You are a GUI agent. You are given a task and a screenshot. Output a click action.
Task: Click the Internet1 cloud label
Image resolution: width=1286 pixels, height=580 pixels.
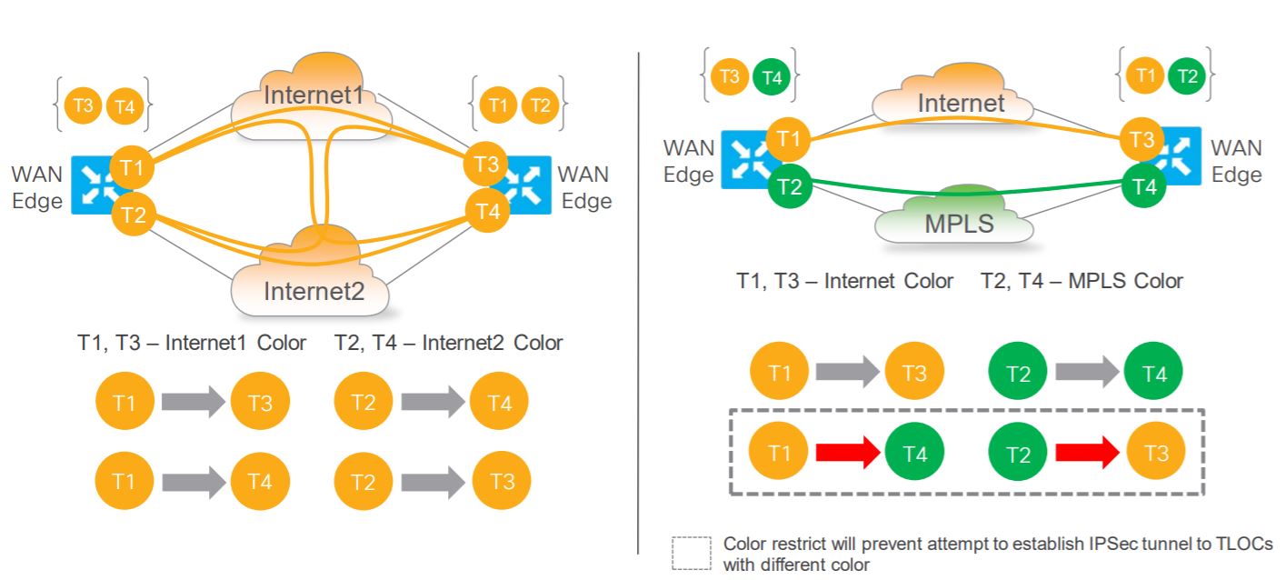[313, 94]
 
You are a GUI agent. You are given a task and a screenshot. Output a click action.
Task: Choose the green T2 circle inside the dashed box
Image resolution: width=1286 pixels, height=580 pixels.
[1018, 453]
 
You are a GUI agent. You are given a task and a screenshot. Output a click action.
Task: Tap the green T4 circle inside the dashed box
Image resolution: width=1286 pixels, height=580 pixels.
[915, 453]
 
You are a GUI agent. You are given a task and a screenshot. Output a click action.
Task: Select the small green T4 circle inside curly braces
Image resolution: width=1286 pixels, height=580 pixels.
[772, 78]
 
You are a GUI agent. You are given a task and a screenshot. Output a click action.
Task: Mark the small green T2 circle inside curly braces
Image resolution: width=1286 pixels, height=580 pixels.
[1187, 76]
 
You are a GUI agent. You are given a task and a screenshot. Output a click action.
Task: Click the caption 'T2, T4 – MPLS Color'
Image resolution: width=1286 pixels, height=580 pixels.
[1082, 281]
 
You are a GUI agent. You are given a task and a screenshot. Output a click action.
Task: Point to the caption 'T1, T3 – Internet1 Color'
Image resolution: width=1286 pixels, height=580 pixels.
[192, 343]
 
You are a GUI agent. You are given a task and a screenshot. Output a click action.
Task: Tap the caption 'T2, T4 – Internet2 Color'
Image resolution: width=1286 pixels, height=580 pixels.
[448, 343]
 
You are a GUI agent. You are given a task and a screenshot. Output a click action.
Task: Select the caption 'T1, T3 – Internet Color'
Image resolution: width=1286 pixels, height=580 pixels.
[844, 281]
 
